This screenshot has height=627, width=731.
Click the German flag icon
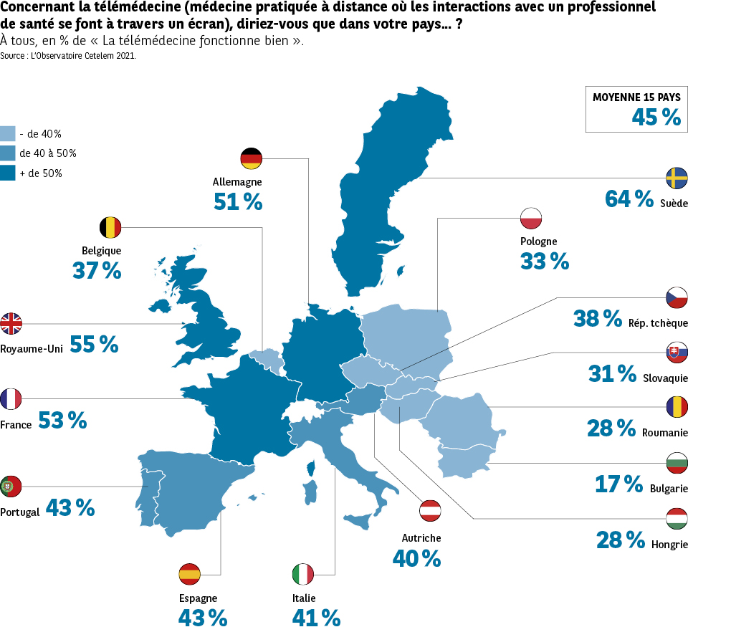252,158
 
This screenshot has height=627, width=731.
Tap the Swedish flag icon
677,178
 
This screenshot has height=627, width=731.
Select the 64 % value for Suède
629,198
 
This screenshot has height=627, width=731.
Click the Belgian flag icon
110,228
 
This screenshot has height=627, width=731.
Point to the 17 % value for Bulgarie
619,484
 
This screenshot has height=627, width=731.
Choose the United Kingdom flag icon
11,324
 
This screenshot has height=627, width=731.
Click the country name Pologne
539,241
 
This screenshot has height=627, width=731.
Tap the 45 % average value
656,117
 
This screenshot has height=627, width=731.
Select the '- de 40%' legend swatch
8,133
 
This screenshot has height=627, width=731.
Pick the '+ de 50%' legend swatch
8,173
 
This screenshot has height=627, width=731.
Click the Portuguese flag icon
11,487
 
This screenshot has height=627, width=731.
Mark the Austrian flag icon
431,510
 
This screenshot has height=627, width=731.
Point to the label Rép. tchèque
657,323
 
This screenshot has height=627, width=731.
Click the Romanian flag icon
677,407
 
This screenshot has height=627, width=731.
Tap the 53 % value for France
62,421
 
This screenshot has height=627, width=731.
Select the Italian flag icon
303,574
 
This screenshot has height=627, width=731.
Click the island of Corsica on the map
312,469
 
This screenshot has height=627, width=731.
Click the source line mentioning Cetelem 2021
68,55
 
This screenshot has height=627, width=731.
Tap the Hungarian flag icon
677,519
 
